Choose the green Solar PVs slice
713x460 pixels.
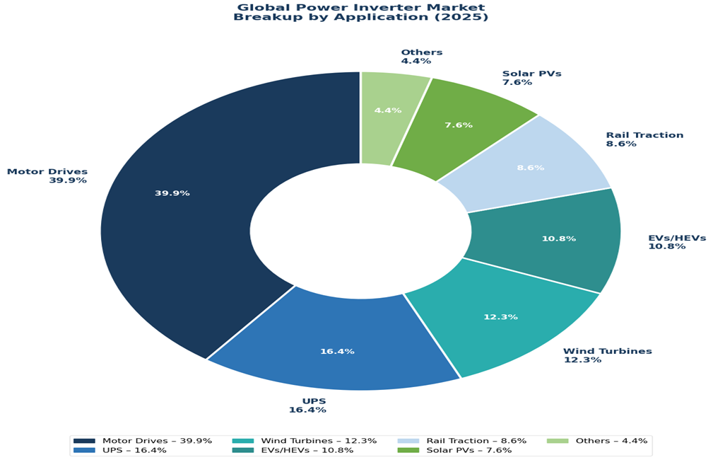(x=459, y=124)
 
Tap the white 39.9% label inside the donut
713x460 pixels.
(x=172, y=193)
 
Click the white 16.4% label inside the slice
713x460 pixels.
(x=337, y=351)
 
